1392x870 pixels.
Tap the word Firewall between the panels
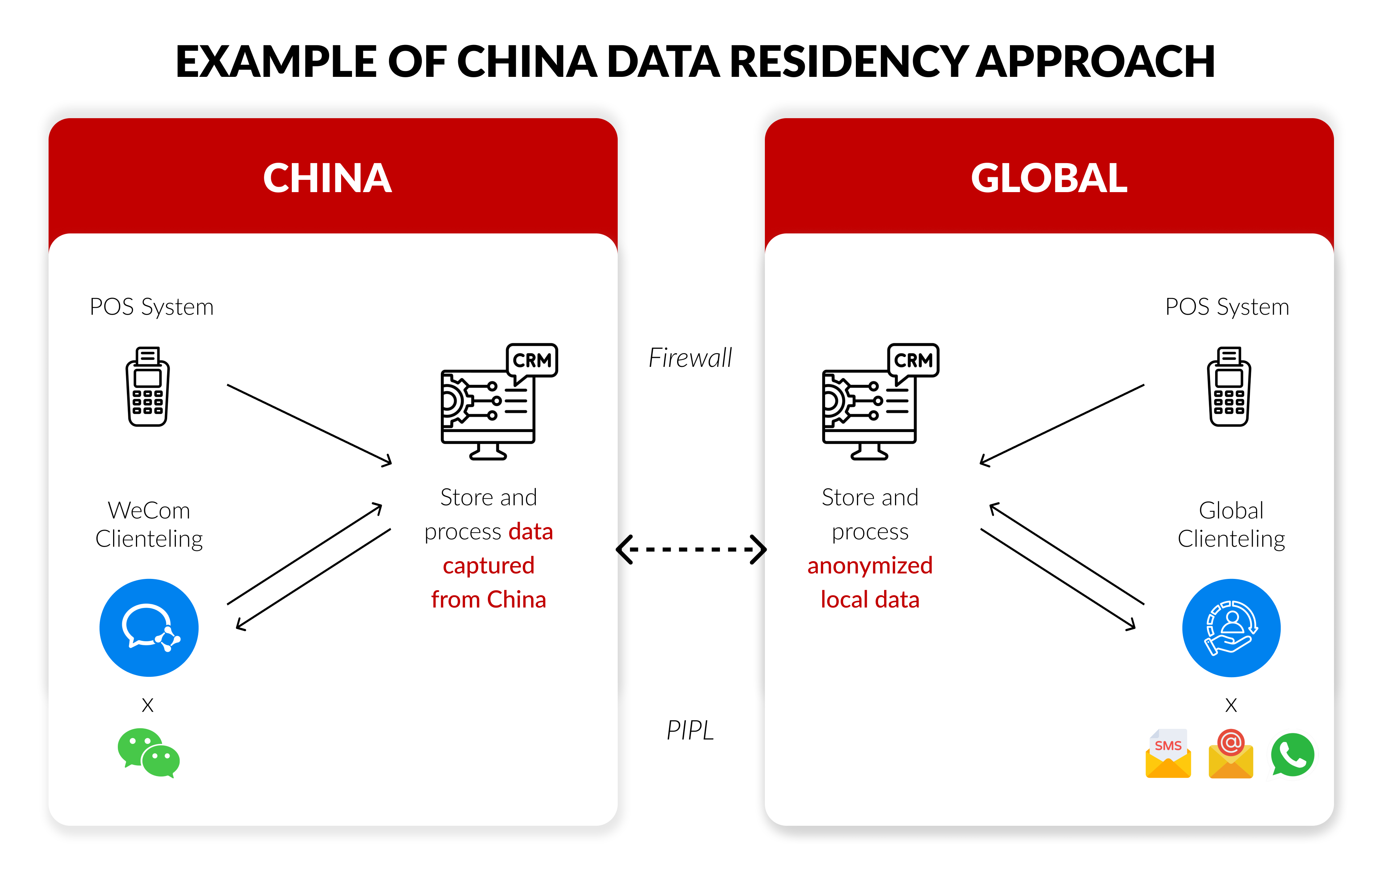pos(690,358)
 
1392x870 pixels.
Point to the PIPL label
pos(690,730)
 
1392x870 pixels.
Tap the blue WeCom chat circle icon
pos(149,628)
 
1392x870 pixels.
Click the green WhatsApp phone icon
pos(1292,754)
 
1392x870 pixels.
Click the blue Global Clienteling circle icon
pos(1231,628)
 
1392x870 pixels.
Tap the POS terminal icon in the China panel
pos(148,387)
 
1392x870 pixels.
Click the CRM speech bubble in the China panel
pos(532,361)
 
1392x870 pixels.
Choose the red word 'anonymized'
pos(870,565)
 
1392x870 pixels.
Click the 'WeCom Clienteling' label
pos(149,524)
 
